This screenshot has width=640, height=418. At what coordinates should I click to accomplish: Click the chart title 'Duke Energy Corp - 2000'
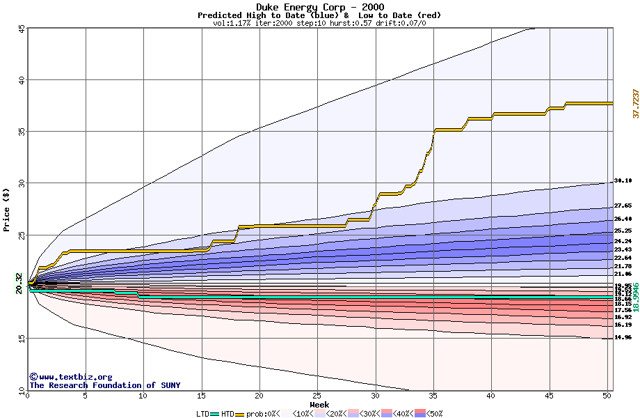click(x=319, y=7)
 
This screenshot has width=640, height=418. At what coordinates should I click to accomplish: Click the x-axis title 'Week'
click(x=319, y=403)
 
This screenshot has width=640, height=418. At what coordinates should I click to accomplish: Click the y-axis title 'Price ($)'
click(x=7, y=209)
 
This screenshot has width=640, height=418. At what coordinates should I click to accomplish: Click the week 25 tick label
click(x=317, y=395)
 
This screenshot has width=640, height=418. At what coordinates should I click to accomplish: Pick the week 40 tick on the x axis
click(x=491, y=395)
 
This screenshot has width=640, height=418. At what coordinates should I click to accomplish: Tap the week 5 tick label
click(x=86, y=395)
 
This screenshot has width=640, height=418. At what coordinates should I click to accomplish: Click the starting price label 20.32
click(x=19, y=284)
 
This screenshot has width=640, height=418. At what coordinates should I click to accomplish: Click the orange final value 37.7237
click(x=635, y=103)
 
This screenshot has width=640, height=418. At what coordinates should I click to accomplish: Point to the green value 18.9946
click(x=635, y=297)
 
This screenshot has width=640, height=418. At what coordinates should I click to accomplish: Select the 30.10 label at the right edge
click(x=623, y=181)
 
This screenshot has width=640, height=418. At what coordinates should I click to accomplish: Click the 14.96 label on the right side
click(x=623, y=337)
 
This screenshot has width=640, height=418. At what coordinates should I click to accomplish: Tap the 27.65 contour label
click(x=623, y=206)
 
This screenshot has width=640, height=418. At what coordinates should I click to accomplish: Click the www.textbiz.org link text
click(x=70, y=377)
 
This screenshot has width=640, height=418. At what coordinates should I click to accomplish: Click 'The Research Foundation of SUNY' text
click(x=104, y=385)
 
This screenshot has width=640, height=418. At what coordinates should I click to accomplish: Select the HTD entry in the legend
click(x=227, y=414)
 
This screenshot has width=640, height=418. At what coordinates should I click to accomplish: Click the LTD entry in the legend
click(x=203, y=414)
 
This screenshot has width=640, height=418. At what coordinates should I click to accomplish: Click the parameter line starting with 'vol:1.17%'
click(x=319, y=23)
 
